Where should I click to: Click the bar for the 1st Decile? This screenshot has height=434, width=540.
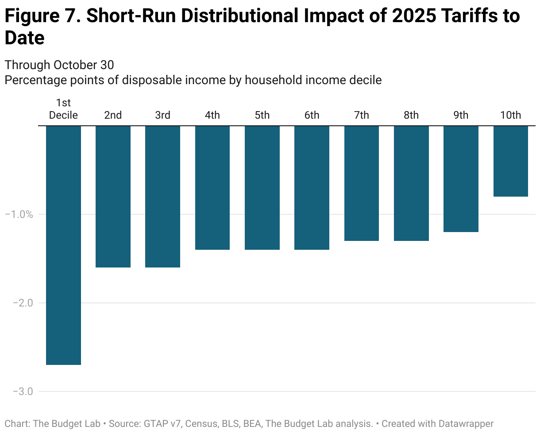(x=63, y=245)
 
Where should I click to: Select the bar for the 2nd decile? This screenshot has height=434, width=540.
(x=113, y=196)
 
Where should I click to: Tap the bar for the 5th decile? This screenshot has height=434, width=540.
(x=262, y=187)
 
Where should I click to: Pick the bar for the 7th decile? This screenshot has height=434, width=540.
(x=361, y=183)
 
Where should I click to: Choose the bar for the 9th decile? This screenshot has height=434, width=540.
(x=461, y=178)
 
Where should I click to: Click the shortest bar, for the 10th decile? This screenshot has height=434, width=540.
(x=510, y=161)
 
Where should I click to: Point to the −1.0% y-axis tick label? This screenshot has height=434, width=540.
(x=19, y=214)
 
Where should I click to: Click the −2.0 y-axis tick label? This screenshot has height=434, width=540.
(x=19, y=303)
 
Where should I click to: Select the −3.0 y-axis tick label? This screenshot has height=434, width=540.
(x=19, y=391)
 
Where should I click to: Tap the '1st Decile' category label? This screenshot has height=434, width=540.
(x=63, y=109)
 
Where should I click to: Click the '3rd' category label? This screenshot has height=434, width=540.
(x=162, y=115)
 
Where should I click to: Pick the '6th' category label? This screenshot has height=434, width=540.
(x=312, y=115)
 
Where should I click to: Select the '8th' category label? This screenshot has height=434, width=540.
(x=411, y=115)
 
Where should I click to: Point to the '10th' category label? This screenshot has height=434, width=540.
(x=510, y=115)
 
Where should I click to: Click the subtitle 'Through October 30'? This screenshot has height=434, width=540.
(x=59, y=65)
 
